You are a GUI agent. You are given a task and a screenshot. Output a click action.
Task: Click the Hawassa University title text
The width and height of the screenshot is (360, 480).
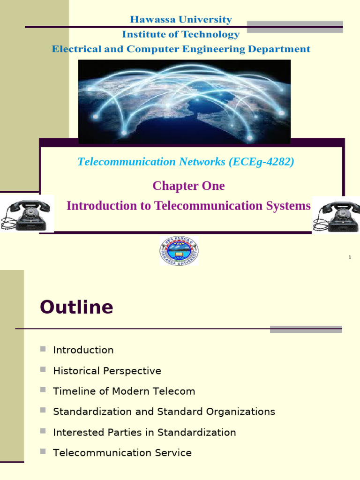(180, 20)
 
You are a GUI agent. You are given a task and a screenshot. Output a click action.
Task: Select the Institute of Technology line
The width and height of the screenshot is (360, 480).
(180, 34)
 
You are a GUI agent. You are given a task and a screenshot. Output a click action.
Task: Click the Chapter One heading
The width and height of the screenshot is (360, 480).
(188, 186)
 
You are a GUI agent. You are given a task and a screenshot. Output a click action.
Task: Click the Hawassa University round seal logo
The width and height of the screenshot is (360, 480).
(179, 251)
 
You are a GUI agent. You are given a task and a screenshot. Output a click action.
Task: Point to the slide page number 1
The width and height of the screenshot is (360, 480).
(350, 257)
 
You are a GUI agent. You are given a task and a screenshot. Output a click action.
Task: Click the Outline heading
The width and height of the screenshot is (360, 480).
(76, 307)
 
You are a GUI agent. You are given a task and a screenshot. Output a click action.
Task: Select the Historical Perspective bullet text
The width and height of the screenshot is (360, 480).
(107, 371)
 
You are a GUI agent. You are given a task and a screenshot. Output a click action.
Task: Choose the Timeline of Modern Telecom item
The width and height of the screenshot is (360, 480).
(124, 391)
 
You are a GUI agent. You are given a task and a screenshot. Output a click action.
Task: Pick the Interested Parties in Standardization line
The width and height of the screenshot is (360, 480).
(144, 432)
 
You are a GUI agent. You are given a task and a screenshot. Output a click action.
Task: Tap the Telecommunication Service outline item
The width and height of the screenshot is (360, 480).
(122, 453)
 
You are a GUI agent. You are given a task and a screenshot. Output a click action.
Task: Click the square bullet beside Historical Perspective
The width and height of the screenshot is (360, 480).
(43, 369)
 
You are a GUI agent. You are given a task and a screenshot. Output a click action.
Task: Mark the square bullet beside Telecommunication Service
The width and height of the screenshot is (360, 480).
(43, 451)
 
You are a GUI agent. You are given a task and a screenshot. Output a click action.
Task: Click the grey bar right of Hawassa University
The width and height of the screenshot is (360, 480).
(295, 26)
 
